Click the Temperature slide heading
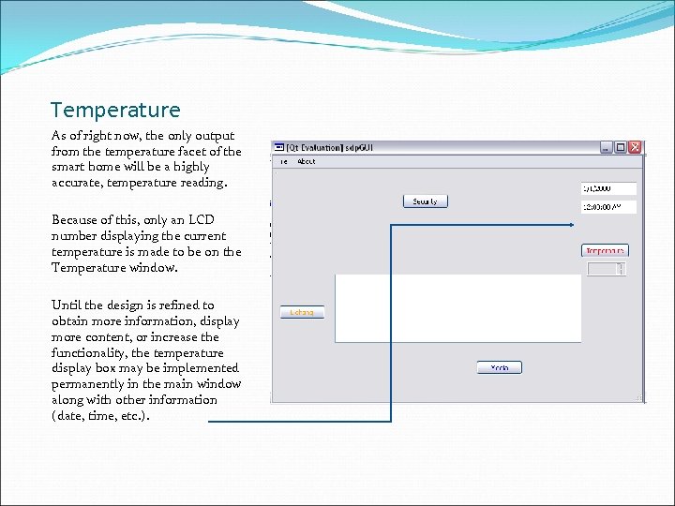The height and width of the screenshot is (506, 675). click(114, 111)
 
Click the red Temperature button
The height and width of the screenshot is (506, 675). click(605, 250)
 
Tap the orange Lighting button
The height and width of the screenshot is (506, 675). click(302, 312)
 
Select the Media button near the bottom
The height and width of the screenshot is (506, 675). click(499, 367)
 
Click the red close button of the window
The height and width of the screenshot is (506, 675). click(635, 147)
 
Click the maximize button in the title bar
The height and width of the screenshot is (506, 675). click(621, 147)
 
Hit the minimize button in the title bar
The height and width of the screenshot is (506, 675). click(607, 147)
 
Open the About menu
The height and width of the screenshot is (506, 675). click(307, 161)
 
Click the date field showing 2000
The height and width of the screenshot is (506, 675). click(608, 188)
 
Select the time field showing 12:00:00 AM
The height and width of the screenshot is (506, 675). click(608, 207)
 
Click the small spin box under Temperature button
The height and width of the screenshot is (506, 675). click(606, 269)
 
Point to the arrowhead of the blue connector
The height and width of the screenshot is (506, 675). click(574, 225)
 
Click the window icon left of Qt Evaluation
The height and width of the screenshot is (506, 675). click(279, 147)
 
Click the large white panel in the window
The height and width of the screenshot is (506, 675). click(457, 308)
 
